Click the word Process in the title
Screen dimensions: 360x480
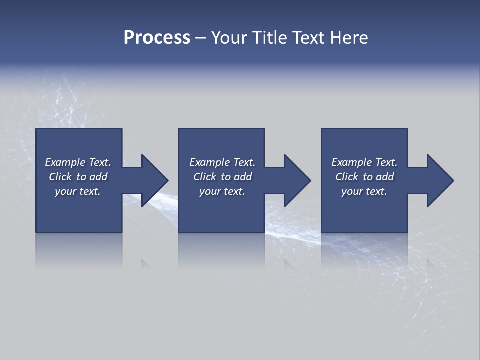pos(157,38)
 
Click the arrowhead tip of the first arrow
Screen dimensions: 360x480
pos(167,180)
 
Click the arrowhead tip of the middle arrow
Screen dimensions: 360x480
pos(310,180)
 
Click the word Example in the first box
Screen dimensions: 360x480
pos(65,162)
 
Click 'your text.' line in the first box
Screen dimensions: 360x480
pos(78,191)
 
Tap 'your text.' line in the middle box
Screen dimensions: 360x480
pos(222,191)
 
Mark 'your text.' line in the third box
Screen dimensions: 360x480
pos(364,191)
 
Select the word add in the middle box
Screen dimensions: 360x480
pos(243,177)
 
